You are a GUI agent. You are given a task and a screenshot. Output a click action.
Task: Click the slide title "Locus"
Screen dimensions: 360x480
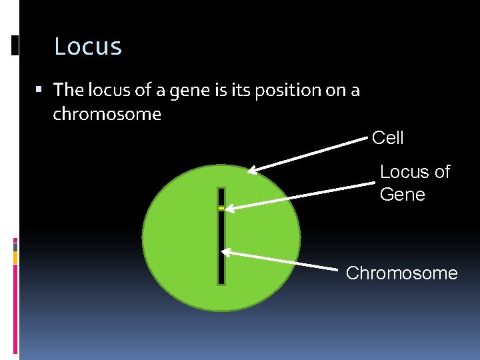[88, 47]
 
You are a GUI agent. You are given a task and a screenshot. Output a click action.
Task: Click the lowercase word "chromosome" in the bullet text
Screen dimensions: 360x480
[107, 114]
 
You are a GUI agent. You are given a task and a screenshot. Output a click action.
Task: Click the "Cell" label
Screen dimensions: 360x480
[387, 138]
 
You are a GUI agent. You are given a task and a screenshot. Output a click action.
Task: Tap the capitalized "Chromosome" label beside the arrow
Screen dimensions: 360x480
[401, 273]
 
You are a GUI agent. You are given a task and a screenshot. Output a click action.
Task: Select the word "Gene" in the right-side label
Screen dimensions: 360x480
[402, 195]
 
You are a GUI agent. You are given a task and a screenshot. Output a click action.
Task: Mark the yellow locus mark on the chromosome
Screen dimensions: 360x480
[221, 209]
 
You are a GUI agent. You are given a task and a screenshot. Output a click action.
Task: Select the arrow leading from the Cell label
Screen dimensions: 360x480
[307, 155]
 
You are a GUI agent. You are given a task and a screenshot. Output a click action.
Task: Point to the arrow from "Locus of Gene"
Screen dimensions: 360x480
[300, 196]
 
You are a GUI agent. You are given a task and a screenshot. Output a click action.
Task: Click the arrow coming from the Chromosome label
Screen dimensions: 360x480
[280, 260]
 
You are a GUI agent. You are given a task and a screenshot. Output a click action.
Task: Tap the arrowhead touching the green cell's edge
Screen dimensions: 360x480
[252, 170]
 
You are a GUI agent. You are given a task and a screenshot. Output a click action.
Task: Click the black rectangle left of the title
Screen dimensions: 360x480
[15, 45]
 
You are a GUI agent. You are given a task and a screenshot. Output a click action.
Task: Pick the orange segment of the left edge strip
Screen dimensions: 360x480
[15, 257]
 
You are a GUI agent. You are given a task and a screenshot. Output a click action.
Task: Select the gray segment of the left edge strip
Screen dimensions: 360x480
[15, 247]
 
